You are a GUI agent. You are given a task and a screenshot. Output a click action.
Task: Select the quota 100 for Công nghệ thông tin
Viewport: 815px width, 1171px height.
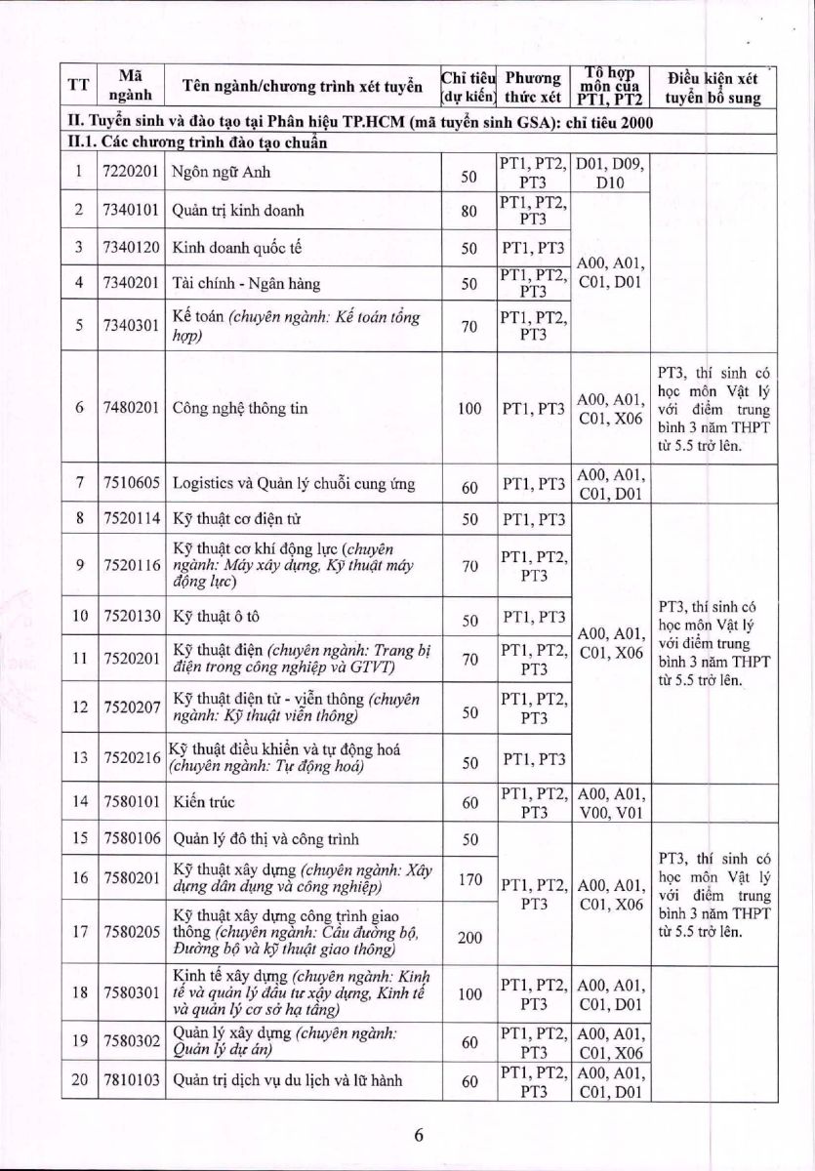[469, 408]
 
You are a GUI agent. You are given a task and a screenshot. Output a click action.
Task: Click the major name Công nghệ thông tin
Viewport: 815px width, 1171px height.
[240, 408]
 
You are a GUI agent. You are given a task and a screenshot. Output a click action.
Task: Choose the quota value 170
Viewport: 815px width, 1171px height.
[469, 879]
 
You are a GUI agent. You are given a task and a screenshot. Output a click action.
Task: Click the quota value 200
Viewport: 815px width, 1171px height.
[469, 937]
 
